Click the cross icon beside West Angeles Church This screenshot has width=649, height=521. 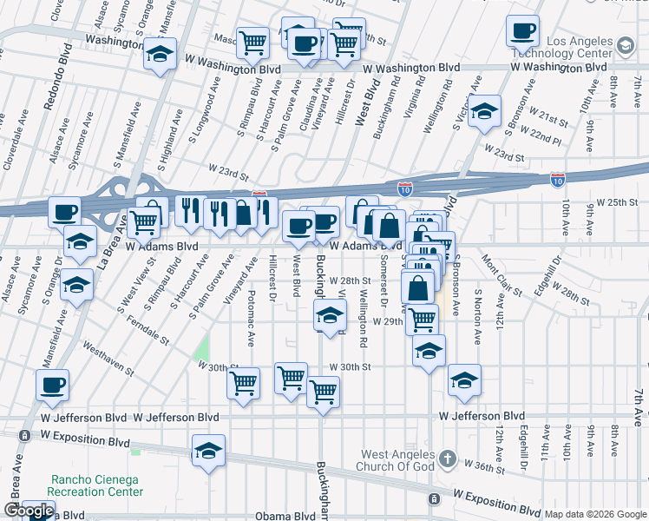(x=447, y=458)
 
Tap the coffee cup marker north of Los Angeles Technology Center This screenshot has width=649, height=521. (x=522, y=31)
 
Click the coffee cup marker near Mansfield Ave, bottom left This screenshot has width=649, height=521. (x=52, y=385)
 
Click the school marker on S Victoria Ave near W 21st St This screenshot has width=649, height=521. (x=485, y=111)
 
